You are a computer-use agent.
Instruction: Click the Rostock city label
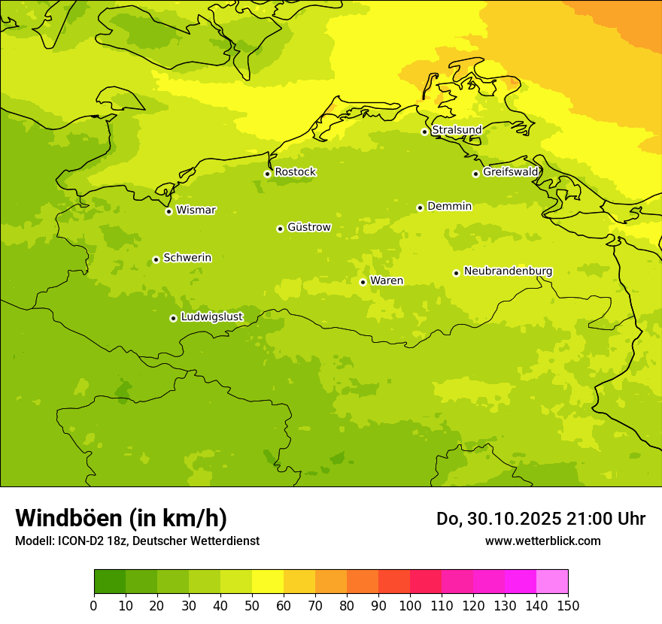[295, 172]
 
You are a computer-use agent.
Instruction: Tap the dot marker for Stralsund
[424, 132]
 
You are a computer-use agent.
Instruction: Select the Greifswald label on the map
[511, 172]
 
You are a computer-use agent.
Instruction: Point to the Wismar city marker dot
[169, 211]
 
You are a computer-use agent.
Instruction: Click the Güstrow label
[308, 227]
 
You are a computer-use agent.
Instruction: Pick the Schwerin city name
[187, 258]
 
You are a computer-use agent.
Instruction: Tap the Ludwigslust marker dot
[173, 318]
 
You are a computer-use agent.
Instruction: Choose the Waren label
[387, 280]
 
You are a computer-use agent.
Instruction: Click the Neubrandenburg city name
[508, 271]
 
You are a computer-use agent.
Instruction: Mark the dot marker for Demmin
[420, 207]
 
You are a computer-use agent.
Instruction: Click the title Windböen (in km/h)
[121, 518]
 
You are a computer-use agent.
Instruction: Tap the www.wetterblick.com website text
[542, 541]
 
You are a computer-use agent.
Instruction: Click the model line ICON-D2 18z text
[137, 541]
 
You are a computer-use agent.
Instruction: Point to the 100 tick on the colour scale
[410, 605]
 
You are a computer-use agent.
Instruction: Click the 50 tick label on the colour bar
[252, 605]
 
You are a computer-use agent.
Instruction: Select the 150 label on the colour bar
[568, 605]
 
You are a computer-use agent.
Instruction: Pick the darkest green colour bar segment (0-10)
[110, 582]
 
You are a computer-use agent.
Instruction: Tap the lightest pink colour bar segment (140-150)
[552, 582]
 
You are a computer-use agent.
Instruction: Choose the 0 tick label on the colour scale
[94, 605]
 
